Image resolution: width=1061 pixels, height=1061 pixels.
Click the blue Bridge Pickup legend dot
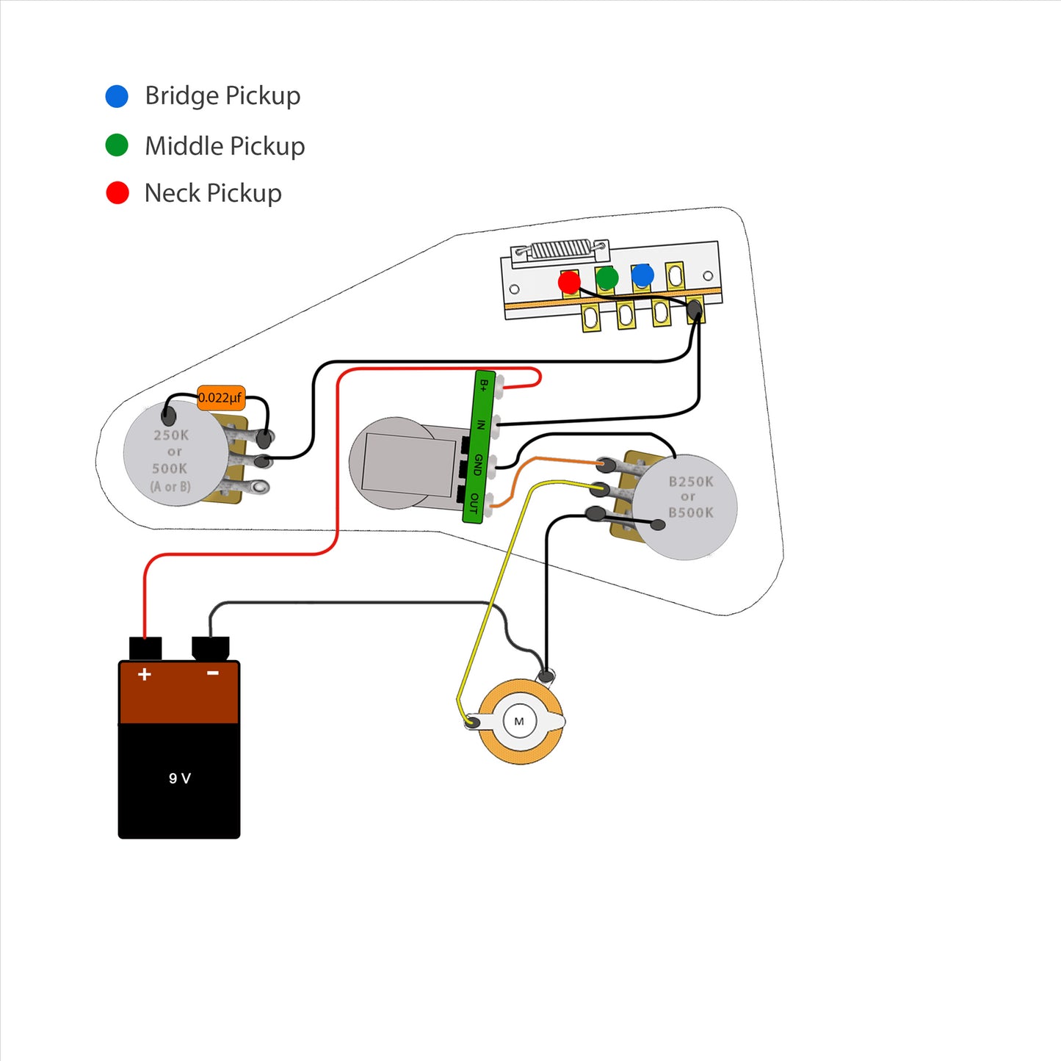117,96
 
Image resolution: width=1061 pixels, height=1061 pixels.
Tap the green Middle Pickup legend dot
117,145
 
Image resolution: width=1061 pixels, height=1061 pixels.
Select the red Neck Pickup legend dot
117,192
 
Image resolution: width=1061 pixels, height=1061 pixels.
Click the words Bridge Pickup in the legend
222,95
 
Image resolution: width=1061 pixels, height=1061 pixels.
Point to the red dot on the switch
569,283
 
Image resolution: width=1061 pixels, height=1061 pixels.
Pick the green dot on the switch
606,278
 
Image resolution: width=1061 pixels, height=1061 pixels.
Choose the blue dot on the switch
642,275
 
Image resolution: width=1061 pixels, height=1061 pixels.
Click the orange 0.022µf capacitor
220,397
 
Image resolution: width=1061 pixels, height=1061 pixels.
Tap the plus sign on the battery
144,675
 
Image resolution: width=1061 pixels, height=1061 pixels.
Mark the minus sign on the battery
213,673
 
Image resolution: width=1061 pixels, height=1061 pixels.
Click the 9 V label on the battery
179,778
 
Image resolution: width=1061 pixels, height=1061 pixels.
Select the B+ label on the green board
483,385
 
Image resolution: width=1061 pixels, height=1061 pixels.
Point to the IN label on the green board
481,425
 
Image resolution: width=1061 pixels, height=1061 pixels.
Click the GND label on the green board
478,465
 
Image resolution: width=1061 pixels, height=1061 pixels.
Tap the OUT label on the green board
474,504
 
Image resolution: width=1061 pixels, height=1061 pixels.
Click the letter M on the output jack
518,721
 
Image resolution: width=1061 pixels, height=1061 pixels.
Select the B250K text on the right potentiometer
691,482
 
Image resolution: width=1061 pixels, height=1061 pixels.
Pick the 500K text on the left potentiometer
170,468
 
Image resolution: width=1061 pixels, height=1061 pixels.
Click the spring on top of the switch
561,250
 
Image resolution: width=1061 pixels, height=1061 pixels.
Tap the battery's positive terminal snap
145,648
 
